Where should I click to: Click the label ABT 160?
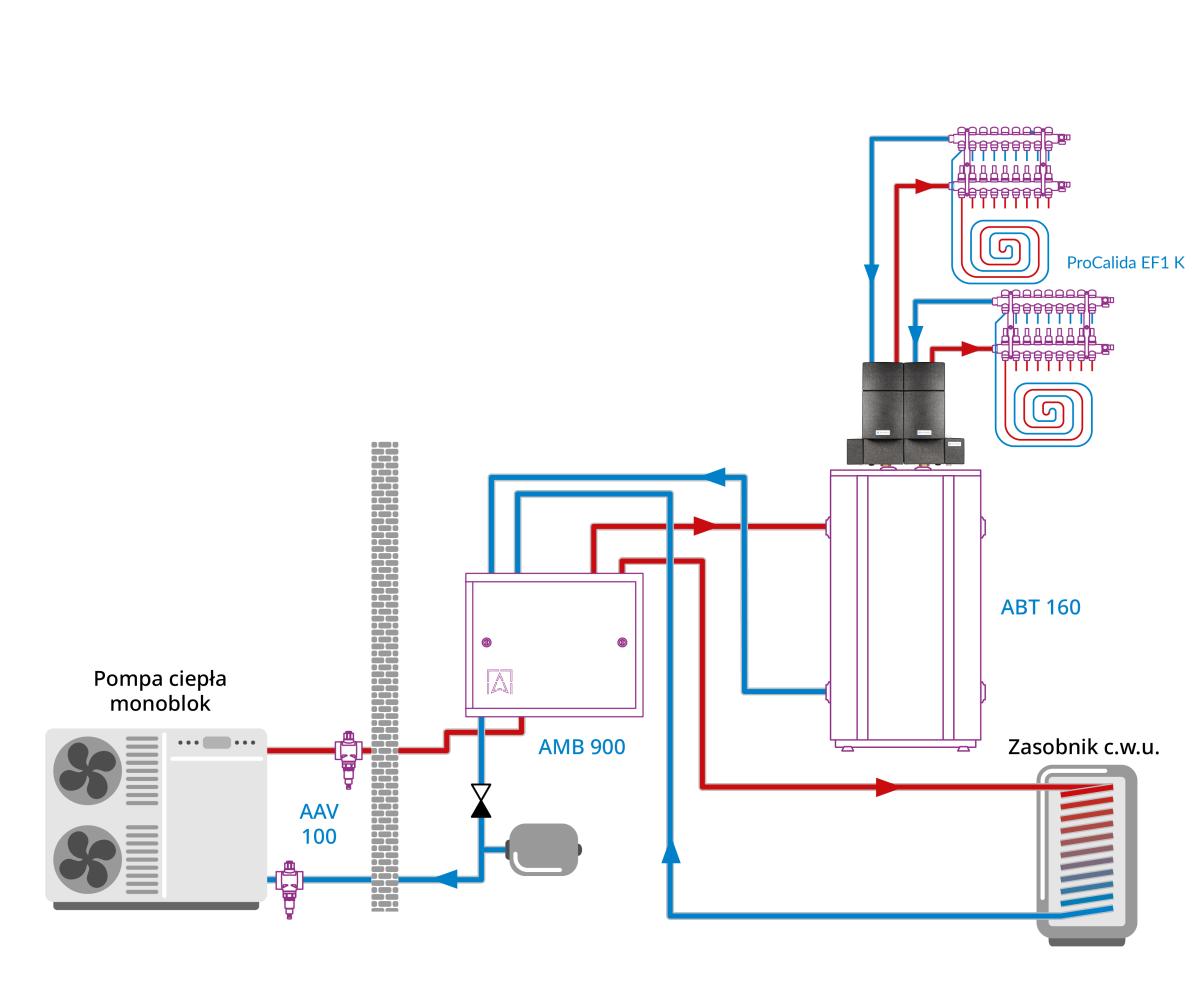click(x=1040, y=606)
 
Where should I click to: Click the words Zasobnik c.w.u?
click(x=1084, y=747)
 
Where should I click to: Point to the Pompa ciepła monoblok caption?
click(x=160, y=691)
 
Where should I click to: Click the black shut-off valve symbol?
click(x=481, y=800)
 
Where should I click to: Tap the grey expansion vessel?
click(x=544, y=850)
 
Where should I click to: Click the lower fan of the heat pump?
click(x=88, y=858)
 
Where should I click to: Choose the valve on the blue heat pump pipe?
click(x=289, y=883)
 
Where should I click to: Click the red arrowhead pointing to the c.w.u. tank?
click(x=886, y=787)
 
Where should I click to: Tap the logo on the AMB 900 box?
click(x=500, y=681)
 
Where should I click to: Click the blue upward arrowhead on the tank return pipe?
click(x=670, y=851)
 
